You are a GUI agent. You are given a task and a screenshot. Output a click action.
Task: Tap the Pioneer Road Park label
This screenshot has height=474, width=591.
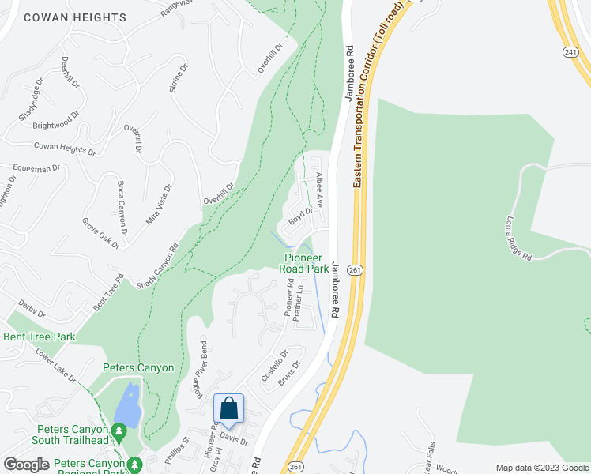click(303, 263)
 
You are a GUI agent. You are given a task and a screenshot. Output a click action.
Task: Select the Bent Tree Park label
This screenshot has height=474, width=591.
click(40, 337)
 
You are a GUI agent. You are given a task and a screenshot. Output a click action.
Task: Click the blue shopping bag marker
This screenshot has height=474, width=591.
click(228, 409)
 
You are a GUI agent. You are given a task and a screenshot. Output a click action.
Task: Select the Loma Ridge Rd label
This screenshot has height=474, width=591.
click(519, 238)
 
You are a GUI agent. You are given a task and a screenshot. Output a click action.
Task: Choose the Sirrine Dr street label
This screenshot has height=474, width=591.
click(179, 78)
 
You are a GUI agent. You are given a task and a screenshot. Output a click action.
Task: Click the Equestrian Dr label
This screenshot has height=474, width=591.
click(36, 168)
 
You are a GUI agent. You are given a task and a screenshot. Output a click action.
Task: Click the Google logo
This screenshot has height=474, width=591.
click(26, 465)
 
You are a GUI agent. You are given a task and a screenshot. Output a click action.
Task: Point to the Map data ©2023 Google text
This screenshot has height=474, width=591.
click(542, 468)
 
